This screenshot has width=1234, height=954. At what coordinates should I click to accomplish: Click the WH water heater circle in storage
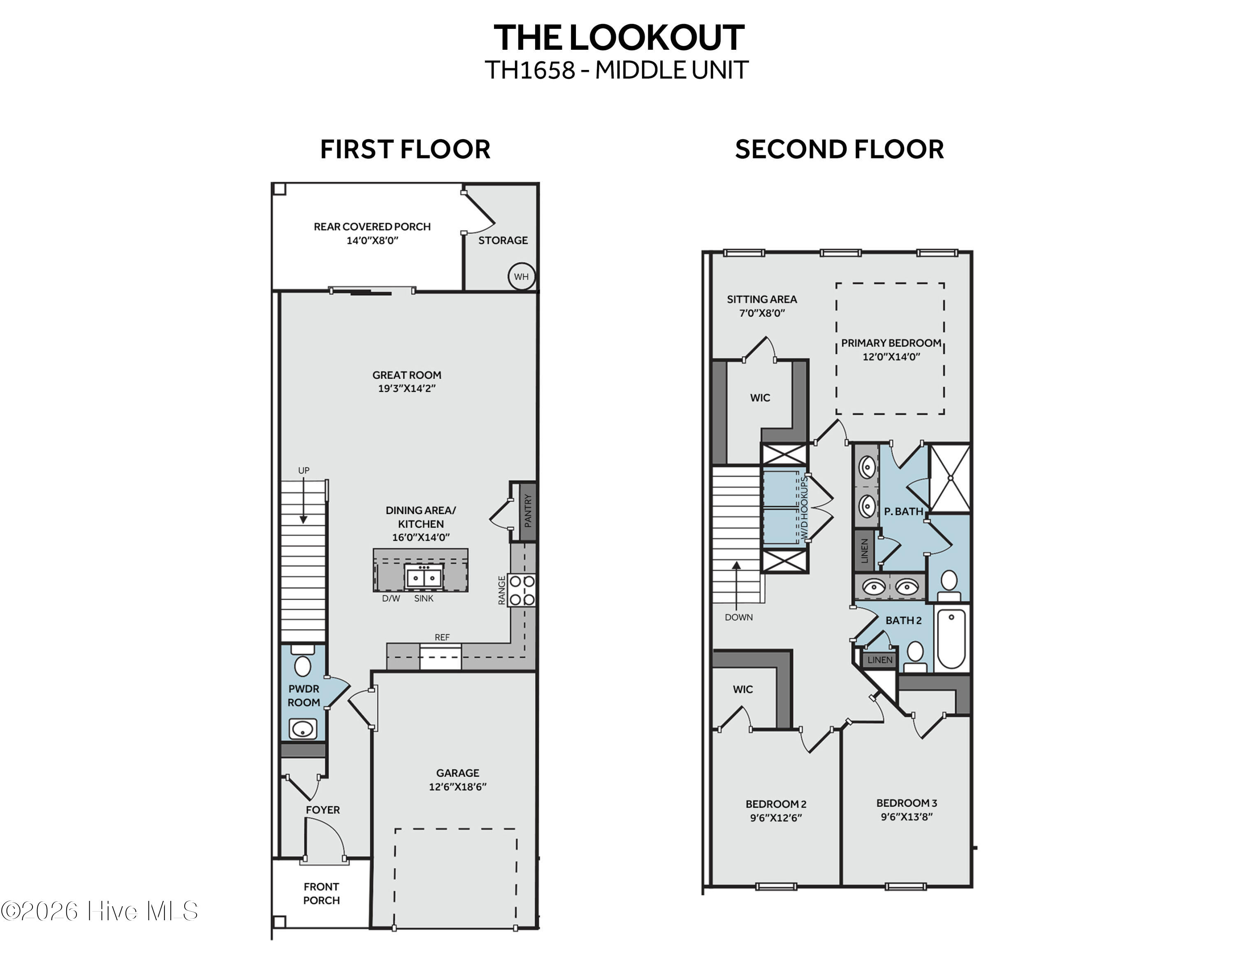[521, 277]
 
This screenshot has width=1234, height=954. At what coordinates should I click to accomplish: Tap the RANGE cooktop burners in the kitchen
[522, 590]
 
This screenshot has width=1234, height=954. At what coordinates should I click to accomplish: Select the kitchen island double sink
[424, 577]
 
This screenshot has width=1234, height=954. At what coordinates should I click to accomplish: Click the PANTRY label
[528, 510]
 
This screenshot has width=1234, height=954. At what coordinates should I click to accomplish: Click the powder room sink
[303, 729]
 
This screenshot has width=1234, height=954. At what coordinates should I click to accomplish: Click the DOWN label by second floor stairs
[738, 617]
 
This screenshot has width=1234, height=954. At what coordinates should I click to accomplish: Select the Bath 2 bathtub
[951, 639]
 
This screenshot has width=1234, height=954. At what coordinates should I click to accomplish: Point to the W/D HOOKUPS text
[804, 507]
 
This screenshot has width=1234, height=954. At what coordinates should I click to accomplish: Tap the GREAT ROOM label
[406, 375]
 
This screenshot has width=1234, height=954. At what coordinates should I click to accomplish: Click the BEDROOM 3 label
[906, 803]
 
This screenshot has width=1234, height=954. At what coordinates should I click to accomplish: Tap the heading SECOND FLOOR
[839, 149]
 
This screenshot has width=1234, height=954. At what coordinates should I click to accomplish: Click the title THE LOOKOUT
[619, 38]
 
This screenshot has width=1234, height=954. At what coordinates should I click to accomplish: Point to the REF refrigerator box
[441, 657]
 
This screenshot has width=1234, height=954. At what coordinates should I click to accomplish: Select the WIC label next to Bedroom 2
[742, 689]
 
